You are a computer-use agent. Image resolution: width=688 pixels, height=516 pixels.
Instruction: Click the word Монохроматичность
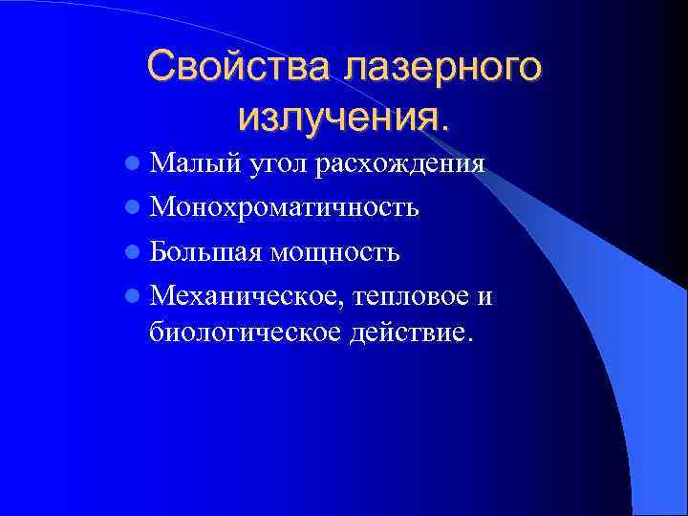point(284,207)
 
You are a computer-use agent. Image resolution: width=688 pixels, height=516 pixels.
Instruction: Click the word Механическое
point(244,296)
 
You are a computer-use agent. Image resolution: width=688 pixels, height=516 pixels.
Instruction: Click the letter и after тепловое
point(485,297)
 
